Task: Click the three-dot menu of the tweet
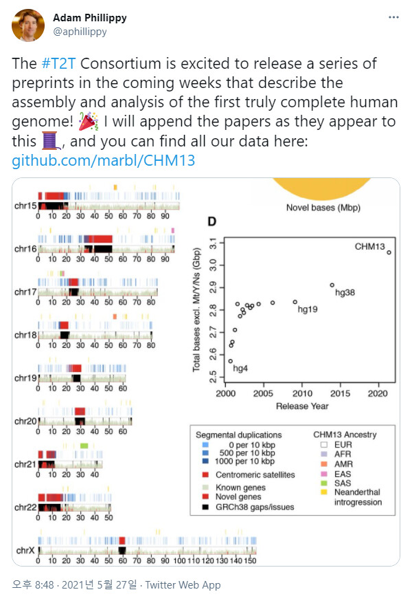pyautogui.click(x=392, y=17)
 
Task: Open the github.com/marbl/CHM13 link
pyautogui.click(x=103, y=162)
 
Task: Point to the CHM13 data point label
pyautogui.click(x=370, y=246)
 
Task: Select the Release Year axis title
pyautogui.click(x=302, y=406)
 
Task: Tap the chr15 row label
pyautogui.click(x=26, y=206)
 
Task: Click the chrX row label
pyautogui.click(x=26, y=551)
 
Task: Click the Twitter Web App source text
pyautogui.click(x=189, y=585)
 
